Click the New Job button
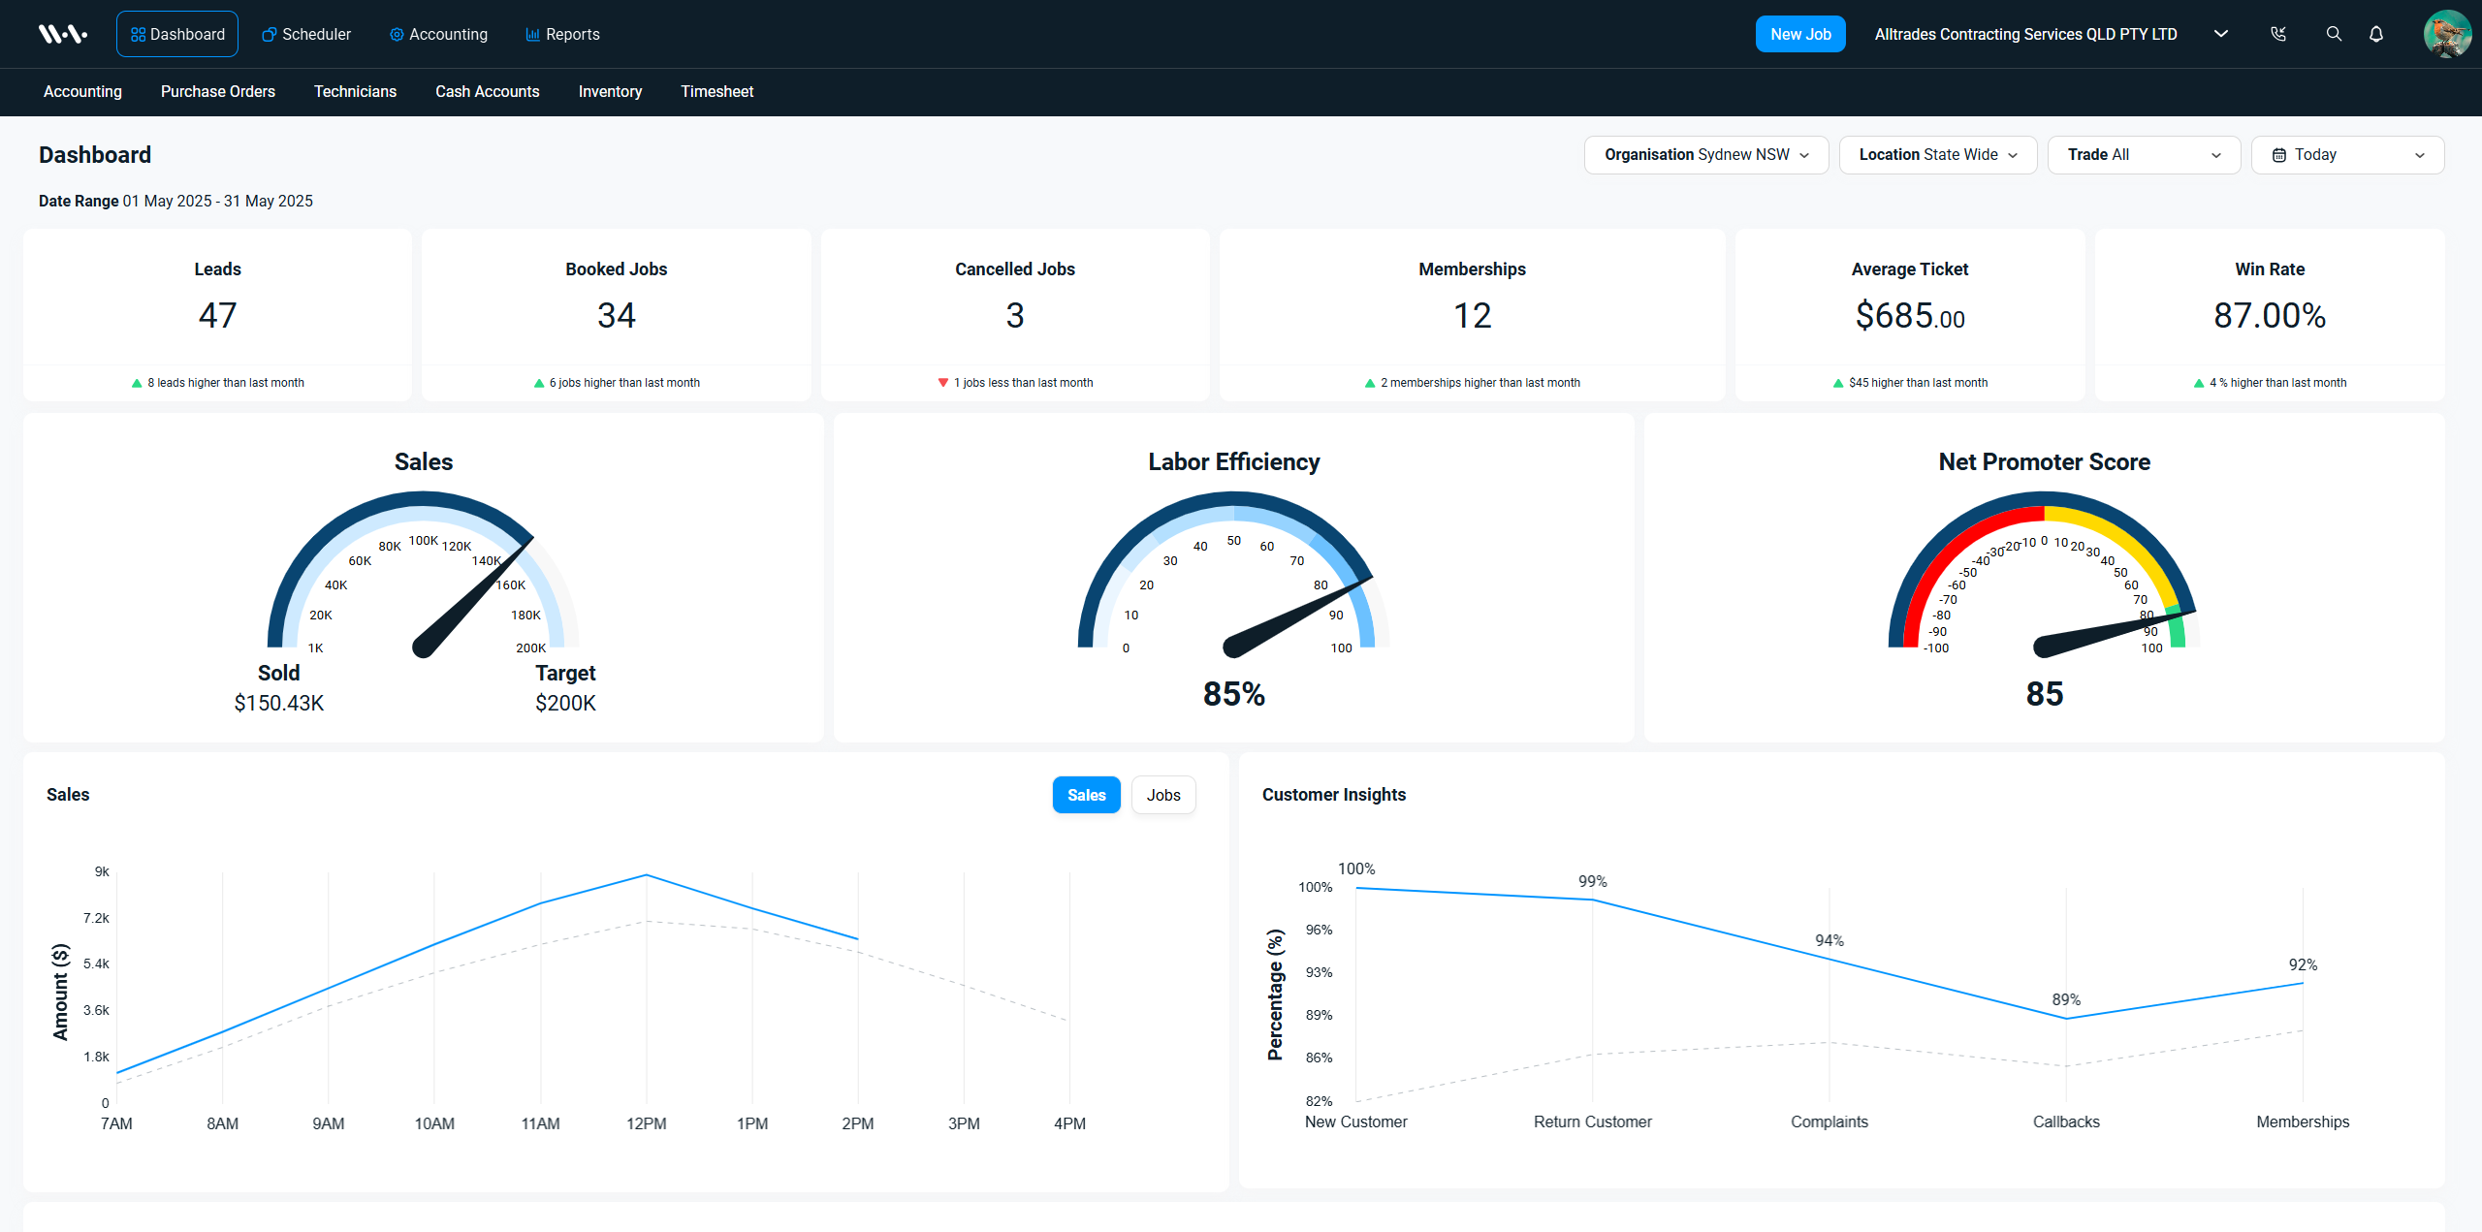pos(1800,34)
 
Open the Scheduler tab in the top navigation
pos(306,34)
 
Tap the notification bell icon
pos(2376,34)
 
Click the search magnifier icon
pos(2334,34)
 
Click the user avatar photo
pos(2447,34)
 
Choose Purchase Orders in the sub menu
pos(218,91)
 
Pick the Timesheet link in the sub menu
pos(716,91)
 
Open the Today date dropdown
pos(2347,155)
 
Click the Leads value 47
pos(217,315)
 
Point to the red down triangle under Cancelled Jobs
pos(942,383)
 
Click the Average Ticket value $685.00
pos(1910,316)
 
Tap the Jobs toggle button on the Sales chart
pos(1163,795)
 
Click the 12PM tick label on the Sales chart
pos(647,1123)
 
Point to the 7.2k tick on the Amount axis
pos(96,918)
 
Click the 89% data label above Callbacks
pos(2066,999)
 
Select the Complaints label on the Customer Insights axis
pos(1830,1121)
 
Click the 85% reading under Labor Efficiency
pos(1234,694)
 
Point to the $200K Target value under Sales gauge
pos(565,703)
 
